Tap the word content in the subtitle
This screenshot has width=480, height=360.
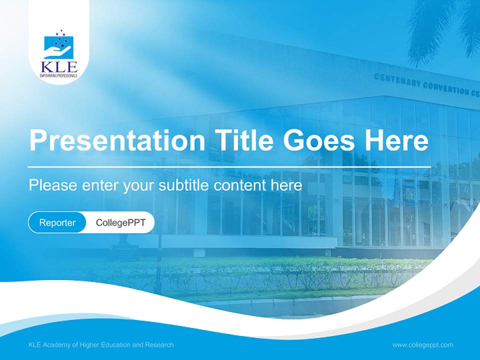(x=239, y=185)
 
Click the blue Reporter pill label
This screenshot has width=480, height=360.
(x=57, y=222)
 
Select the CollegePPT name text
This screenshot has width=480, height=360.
(x=120, y=222)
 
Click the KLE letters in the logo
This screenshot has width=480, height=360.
(x=58, y=66)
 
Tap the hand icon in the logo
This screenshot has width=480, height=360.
(x=58, y=50)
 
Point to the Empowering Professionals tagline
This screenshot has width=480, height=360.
(x=58, y=75)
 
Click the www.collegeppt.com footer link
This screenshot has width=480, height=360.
(x=422, y=344)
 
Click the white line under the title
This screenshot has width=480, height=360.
(x=229, y=166)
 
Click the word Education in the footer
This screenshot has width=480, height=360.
(x=119, y=344)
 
